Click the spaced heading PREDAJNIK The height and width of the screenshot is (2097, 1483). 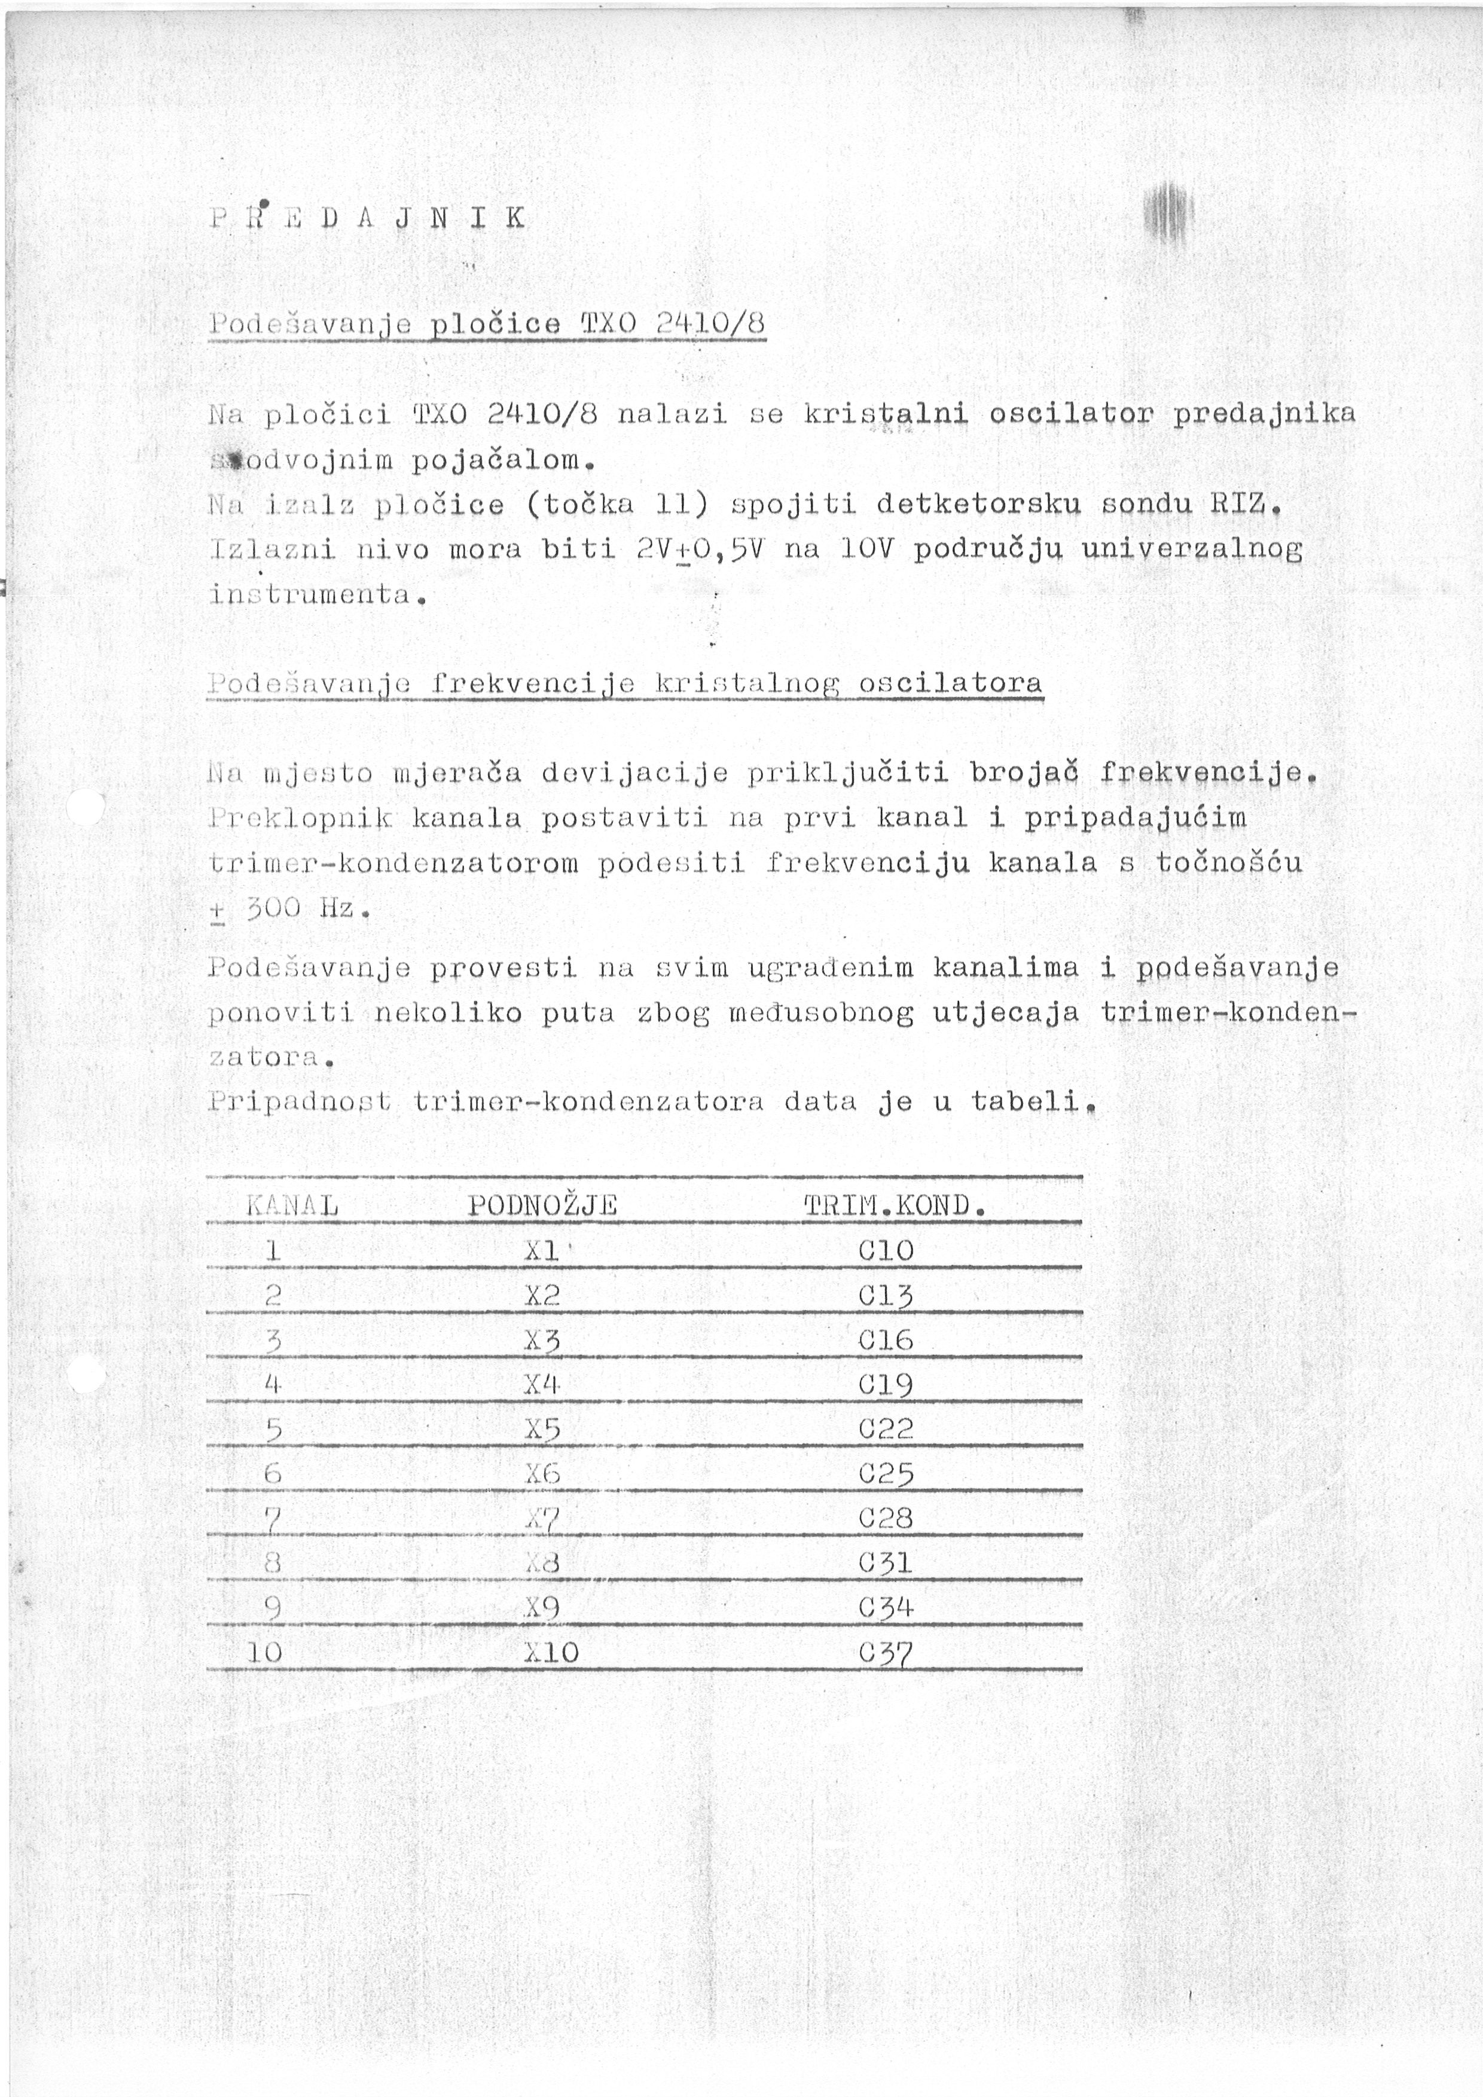[x=367, y=218]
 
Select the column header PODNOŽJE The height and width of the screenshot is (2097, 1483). [x=542, y=1205]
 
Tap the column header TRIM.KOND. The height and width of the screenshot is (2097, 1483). [x=895, y=1205]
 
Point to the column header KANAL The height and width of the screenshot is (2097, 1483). [x=292, y=1205]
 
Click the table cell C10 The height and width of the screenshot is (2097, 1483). [x=886, y=1250]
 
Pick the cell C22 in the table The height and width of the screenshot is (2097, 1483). [x=886, y=1429]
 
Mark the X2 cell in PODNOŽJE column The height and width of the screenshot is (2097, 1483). [x=542, y=1295]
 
